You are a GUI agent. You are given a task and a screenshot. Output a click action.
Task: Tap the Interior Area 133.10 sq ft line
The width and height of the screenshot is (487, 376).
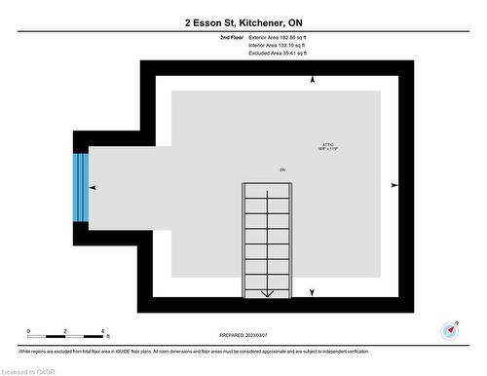(278, 46)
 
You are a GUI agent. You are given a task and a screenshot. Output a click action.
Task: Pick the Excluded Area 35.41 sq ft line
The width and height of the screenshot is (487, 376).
(278, 54)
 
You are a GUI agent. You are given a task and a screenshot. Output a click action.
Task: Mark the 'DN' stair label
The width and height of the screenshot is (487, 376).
(282, 169)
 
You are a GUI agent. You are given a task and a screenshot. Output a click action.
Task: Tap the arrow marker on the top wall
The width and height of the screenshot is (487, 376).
(312, 79)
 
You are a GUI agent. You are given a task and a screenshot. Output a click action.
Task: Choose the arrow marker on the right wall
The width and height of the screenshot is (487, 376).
(393, 184)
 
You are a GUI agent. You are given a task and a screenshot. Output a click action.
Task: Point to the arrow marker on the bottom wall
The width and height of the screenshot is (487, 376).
(313, 292)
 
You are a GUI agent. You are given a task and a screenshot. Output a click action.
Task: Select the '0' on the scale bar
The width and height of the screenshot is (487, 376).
(28, 331)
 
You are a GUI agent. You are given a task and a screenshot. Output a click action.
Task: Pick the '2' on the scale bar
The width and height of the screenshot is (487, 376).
(65, 331)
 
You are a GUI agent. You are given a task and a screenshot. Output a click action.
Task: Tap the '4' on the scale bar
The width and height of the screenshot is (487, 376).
(102, 331)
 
